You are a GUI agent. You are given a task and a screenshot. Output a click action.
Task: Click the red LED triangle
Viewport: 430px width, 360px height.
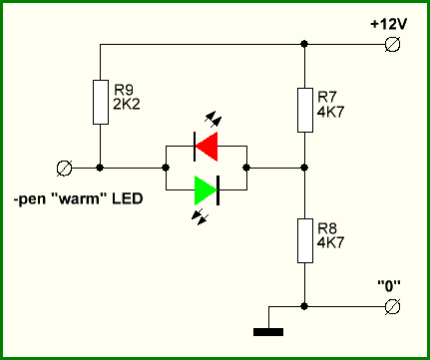tap(207, 147)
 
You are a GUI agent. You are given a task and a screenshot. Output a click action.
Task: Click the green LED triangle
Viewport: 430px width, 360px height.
tap(206, 190)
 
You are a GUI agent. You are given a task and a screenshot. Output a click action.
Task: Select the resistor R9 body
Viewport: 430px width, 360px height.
tap(101, 102)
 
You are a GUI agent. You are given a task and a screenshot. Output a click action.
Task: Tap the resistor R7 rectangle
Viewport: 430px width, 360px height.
tap(305, 110)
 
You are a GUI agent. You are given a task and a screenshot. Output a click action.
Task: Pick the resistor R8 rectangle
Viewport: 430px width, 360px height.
tap(305, 240)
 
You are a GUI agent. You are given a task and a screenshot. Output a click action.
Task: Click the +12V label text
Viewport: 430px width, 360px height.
tap(388, 24)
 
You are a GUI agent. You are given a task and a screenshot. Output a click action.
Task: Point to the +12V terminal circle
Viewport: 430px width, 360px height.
tap(392, 44)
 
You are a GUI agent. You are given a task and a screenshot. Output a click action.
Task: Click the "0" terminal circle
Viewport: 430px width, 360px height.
tap(392, 306)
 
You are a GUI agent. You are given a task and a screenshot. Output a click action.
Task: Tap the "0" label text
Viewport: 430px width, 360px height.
tap(389, 286)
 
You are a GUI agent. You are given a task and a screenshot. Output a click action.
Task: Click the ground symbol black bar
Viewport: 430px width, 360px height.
tap(268, 332)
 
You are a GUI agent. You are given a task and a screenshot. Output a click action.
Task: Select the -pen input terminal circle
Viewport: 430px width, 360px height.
tap(65, 168)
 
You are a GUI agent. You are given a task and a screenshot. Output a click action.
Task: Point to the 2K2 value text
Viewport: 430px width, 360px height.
tap(127, 105)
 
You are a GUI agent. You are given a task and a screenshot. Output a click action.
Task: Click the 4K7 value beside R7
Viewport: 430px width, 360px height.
tap(330, 112)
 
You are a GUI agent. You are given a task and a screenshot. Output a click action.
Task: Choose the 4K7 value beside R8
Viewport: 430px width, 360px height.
tap(330, 242)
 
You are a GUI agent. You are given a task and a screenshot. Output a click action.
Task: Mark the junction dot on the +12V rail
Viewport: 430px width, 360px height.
tap(304, 44)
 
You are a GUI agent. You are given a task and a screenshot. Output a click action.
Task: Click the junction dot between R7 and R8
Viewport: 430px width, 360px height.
tap(304, 168)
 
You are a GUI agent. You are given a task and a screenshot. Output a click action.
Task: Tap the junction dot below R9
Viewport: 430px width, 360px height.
tap(100, 168)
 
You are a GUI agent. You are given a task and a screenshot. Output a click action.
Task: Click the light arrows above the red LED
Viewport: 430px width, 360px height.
tap(214, 119)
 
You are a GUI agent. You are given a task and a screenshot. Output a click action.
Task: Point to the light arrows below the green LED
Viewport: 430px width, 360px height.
tap(201, 217)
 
